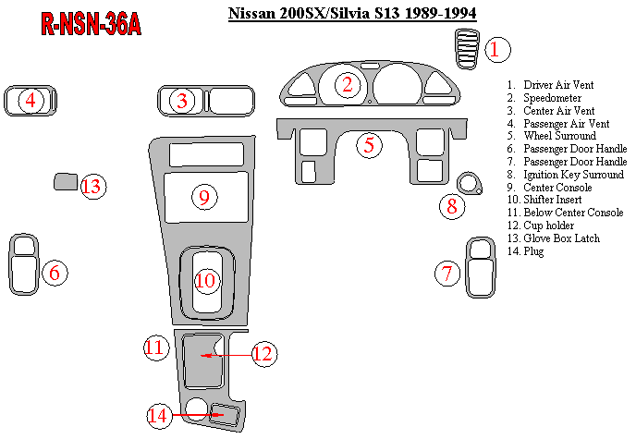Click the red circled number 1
tap(496, 50)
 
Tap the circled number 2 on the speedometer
tap(348, 85)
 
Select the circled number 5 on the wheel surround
tap(369, 145)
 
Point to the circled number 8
tap(452, 206)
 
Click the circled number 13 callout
tap(92, 187)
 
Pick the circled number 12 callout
tap(265, 354)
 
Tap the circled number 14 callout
tap(159, 416)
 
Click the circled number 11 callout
tap(154, 348)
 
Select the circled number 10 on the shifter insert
tap(205, 280)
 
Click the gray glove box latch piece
tap(65, 181)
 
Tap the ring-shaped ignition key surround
tap(471, 182)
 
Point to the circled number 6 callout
tap(55, 273)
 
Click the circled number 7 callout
tap(448, 273)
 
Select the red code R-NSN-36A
tap(91, 25)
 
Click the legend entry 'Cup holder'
tap(549, 226)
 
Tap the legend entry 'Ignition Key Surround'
tap(571, 174)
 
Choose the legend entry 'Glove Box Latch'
tap(561, 238)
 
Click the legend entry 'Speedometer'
tap(552, 97)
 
